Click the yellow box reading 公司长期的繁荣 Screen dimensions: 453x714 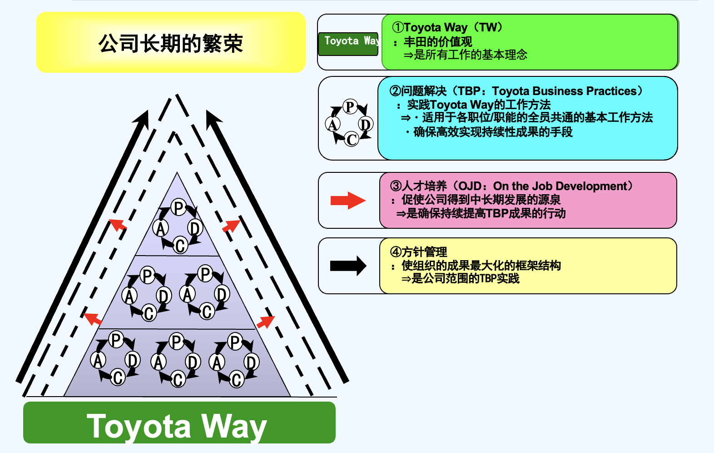tap(171, 43)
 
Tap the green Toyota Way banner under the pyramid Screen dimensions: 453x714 tap(179, 423)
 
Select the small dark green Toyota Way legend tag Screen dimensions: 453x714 tap(348, 44)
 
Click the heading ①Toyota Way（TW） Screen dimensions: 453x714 tap(448, 27)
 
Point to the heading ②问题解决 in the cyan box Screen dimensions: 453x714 tap(418, 91)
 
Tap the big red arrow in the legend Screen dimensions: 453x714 tap(348, 200)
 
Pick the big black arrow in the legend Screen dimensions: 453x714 tap(348, 266)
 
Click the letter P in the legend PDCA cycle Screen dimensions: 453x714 tap(350, 107)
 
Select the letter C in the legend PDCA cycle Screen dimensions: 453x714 tap(351, 139)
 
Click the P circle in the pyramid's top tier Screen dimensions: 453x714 tap(179, 208)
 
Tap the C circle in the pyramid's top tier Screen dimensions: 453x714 tap(180, 246)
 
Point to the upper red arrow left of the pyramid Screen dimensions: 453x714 tap(118, 224)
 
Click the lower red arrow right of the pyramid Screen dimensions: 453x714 tap(266, 321)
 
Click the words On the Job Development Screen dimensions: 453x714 tap(560, 186)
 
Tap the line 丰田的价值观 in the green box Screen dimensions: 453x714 tap(438, 42)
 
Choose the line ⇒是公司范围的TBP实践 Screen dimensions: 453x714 tap(460, 278)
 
